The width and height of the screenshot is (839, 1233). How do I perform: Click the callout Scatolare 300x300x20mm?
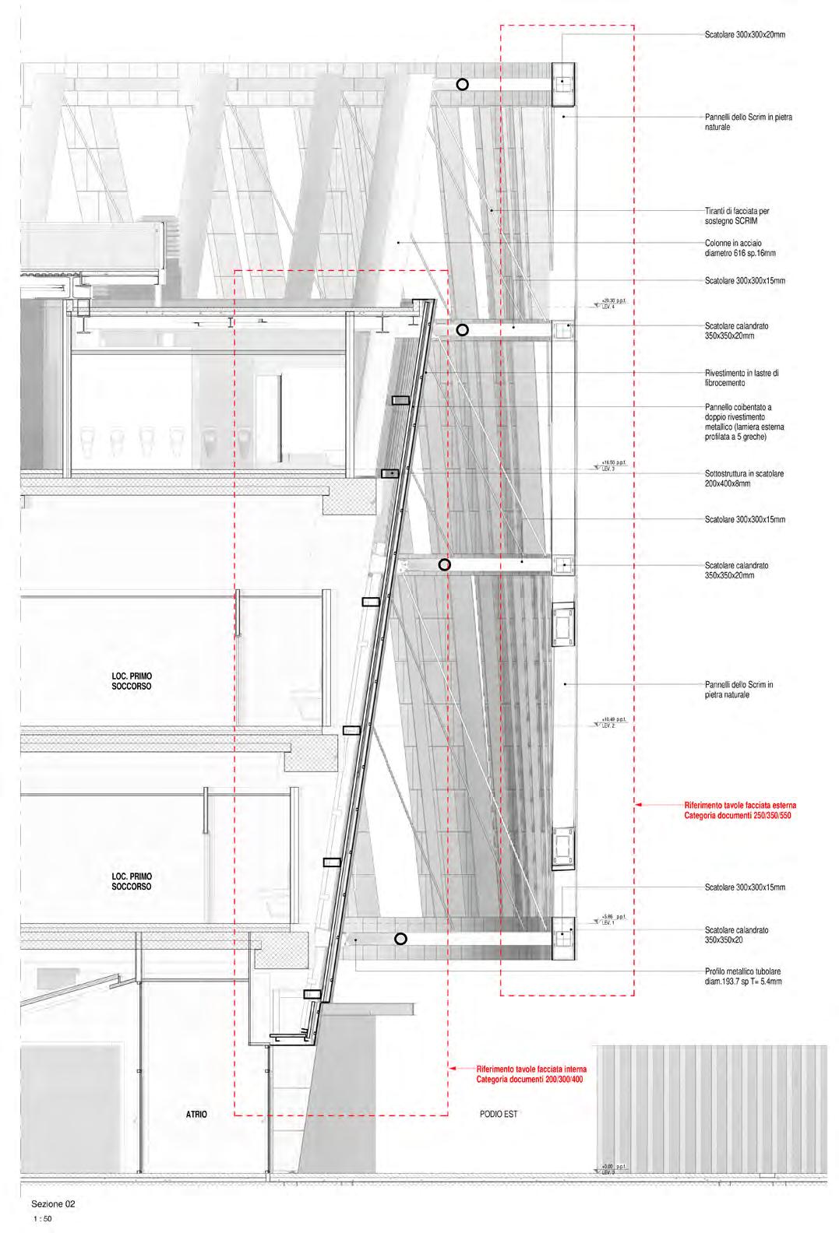[739, 35]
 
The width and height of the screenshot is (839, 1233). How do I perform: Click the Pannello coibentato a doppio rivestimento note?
[744, 422]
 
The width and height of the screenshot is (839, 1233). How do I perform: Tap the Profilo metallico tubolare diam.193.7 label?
[742, 977]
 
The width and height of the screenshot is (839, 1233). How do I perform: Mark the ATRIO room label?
[196, 1115]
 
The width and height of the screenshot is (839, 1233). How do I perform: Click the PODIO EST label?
[499, 1115]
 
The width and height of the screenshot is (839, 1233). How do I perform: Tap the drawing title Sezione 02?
[53, 1203]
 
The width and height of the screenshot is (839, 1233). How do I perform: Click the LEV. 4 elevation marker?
[608, 304]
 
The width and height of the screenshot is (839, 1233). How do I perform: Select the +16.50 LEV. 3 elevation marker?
[608, 465]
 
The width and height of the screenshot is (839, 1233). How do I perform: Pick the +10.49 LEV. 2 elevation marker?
[608, 722]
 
